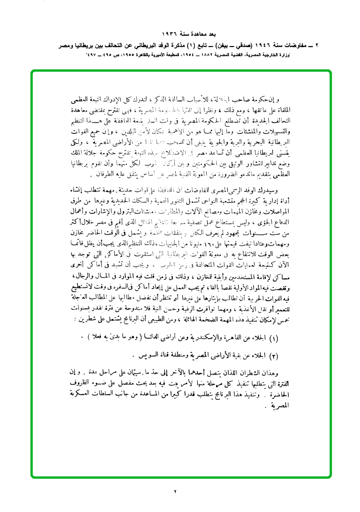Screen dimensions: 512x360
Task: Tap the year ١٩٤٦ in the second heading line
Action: point(256,47)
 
